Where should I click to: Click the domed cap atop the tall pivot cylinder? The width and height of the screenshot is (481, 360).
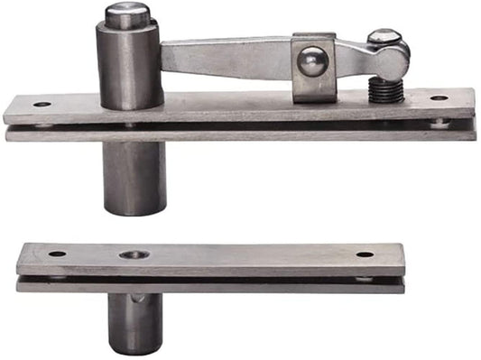coord(127,14)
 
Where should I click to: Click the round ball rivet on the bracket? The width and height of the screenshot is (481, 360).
coord(312,61)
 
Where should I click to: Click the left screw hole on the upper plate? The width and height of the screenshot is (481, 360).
coord(42,104)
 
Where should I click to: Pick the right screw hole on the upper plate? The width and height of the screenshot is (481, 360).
coord(439,97)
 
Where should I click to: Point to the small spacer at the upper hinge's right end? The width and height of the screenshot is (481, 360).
coord(440,122)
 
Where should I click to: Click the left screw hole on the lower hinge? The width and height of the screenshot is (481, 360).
coord(57,254)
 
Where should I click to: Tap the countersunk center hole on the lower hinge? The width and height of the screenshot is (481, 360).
coord(134,255)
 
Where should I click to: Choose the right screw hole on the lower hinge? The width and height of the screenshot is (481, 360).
coord(365,254)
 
